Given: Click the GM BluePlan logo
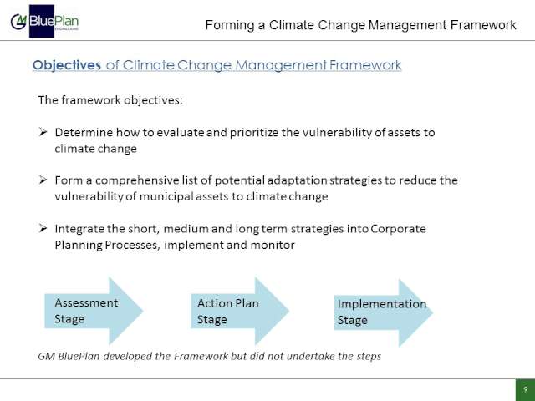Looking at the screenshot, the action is click(x=44, y=21).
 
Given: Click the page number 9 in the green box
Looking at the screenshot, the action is click(x=526, y=389).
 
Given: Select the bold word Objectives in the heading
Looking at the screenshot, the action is click(x=67, y=65).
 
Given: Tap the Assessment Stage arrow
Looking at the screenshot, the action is click(x=94, y=311).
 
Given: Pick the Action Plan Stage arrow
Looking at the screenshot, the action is click(x=240, y=311).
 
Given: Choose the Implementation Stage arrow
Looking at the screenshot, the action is click(x=384, y=312).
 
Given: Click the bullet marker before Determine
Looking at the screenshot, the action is click(x=43, y=132).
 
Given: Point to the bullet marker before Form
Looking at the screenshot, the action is click(x=43, y=180).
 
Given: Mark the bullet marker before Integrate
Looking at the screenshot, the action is click(x=43, y=228).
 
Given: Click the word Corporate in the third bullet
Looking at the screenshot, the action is click(x=398, y=229).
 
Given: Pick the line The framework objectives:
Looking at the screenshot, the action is click(x=110, y=100).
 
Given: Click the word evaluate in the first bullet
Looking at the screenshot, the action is click(x=181, y=133).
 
